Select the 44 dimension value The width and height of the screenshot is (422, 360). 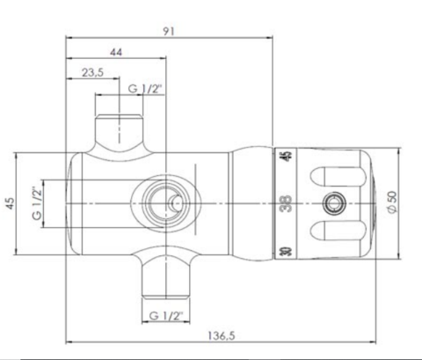[116, 53]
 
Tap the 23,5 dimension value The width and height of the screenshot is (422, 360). [92, 74]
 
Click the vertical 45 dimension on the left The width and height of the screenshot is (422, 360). [11, 203]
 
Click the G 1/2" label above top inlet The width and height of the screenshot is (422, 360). [145, 90]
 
